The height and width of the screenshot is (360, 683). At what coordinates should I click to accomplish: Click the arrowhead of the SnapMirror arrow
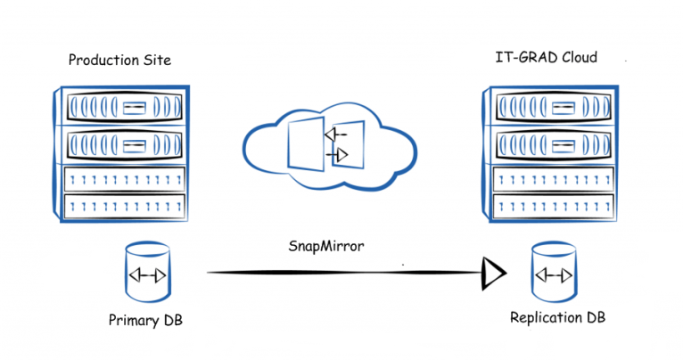[492, 273]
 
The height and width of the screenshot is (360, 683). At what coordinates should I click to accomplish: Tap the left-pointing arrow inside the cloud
[336, 135]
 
